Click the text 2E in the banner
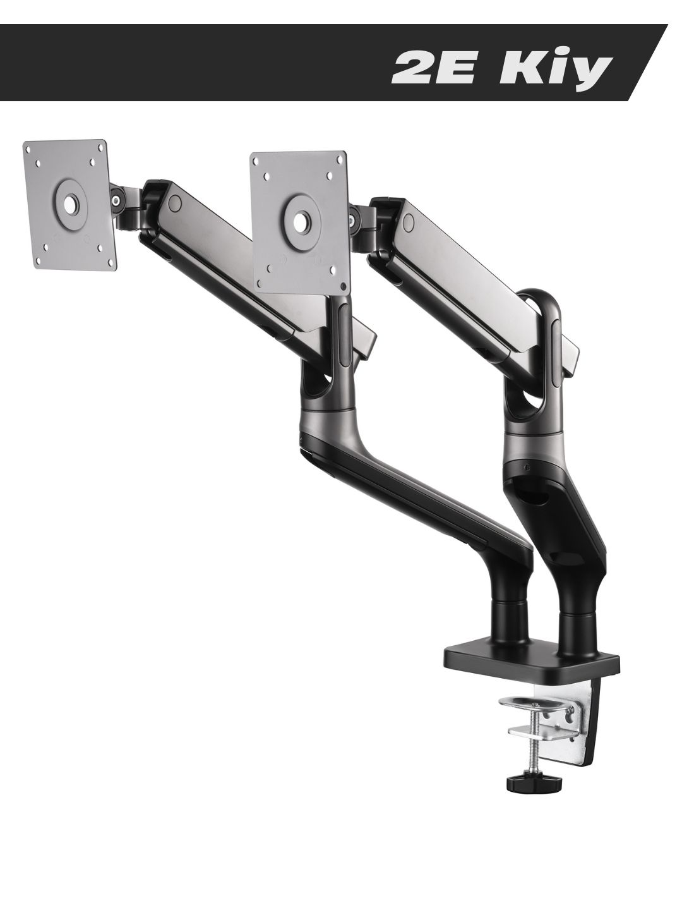click(x=436, y=69)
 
